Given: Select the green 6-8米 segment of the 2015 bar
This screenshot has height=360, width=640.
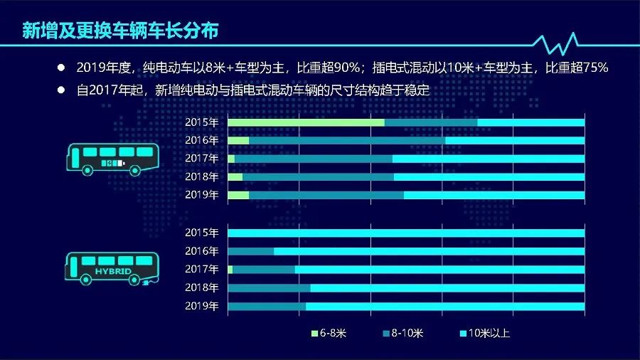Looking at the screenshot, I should click(x=306, y=122).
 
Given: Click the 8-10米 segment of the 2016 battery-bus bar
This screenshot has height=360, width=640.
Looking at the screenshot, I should click(x=347, y=141).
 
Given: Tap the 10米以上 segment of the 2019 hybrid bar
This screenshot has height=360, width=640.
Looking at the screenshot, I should click(x=445, y=307).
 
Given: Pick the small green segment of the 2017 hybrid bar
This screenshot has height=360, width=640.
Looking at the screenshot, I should click(x=230, y=270).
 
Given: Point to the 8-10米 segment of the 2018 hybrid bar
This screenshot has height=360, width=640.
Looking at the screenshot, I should click(x=269, y=288).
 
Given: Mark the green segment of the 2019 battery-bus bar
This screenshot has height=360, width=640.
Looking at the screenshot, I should click(x=238, y=195).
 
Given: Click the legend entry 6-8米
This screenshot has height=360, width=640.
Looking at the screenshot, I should click(x=331, y=333).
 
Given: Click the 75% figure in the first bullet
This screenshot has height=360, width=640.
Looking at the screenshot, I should click(x=594, y=68).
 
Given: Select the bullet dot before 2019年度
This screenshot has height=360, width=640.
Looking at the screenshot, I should click(x=61, y=68).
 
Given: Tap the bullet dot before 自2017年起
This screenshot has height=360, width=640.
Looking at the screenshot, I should click(x=61, y=91).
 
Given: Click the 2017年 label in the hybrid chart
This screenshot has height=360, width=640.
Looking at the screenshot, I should click(x=201, y=270).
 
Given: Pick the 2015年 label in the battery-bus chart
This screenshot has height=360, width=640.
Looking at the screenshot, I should click(x=201, y=122).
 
